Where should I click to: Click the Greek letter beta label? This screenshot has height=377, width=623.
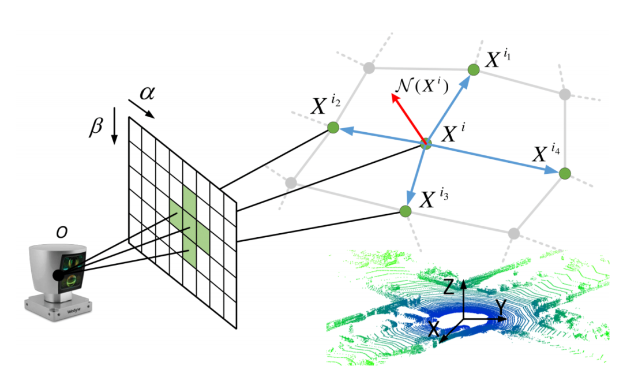tap(96, 126)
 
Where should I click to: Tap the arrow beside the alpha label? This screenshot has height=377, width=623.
tap(141, 109)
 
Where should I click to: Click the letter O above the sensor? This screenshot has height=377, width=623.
tap(61, 232)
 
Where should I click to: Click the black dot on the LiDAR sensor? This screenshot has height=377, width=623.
tap(58, 275)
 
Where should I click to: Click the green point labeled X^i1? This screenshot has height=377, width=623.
tap(474, 70)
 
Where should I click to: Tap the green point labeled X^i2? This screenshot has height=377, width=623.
tap(333, 128)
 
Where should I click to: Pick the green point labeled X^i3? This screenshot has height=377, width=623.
tap(406, 211)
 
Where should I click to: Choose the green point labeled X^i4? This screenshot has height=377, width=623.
tap(565, 173)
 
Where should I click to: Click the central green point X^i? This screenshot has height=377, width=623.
tap(426, 143)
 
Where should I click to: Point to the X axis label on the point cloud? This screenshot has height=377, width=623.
tap(433, 329)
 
